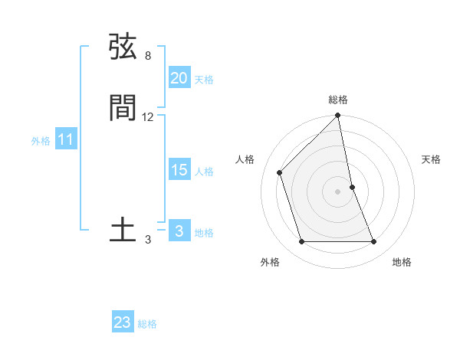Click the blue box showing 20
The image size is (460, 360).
click(179, 77)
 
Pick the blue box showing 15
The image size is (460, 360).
click(179, 170)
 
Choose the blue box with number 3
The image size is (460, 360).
click(179, 231)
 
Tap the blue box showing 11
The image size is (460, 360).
click(66, 140)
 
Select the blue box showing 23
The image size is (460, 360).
click(123, 322)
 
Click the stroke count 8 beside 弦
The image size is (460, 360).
click(148, 56)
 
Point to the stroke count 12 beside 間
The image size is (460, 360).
click(148, 117)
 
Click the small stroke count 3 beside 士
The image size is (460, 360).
click(148, 240)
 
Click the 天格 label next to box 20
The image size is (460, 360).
click(204, 80)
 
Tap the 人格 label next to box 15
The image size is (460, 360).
click(204, 172)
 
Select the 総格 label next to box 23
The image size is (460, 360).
click(147, 324)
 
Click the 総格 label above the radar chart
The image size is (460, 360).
click(338, 100)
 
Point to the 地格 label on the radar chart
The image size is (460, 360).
click(402, 262)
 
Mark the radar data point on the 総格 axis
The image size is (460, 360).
click(338, 116)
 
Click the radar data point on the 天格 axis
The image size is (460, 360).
click(352, 187)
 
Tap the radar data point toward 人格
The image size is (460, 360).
click(280, 172)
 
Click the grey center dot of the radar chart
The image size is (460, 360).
click(338, 191)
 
